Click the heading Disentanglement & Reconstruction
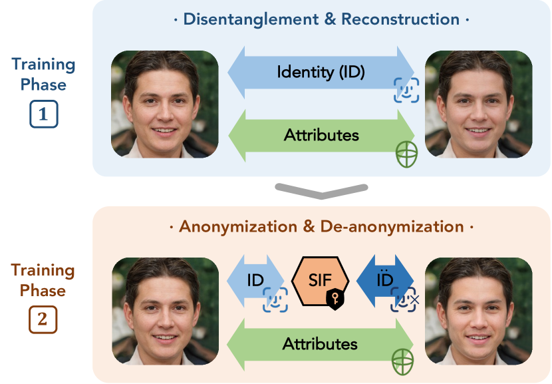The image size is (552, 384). click(x=321, y=19)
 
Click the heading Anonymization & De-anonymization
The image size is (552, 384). click(x=321, y=226)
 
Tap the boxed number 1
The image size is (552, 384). click(x=44, y=113)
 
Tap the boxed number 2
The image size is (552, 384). click(x=43, y=319)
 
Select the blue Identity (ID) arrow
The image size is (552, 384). click(x=321, y=72)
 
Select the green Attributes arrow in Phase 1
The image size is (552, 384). click(x=321, y=136)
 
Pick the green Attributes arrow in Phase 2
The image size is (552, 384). click(x=321, y=344)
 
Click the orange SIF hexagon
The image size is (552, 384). click(x=321, y=281)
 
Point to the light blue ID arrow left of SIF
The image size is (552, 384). click(x=256, y=281)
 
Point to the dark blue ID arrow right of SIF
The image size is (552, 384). click(x=385, y=281)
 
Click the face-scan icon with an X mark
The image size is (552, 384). click(x=405, y=299)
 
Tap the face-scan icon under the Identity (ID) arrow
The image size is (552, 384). click(x=406, y=91)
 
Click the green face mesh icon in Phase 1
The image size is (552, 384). click(x=406, y=154)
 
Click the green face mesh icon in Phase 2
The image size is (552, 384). click(x=403, y=363)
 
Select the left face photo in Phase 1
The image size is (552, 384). click(x=164, y=104)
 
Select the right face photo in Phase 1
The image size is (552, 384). click(x=478, y=104)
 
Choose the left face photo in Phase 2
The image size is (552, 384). click(x=164, y=311)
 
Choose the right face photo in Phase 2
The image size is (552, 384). click(x=478, y=311)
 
